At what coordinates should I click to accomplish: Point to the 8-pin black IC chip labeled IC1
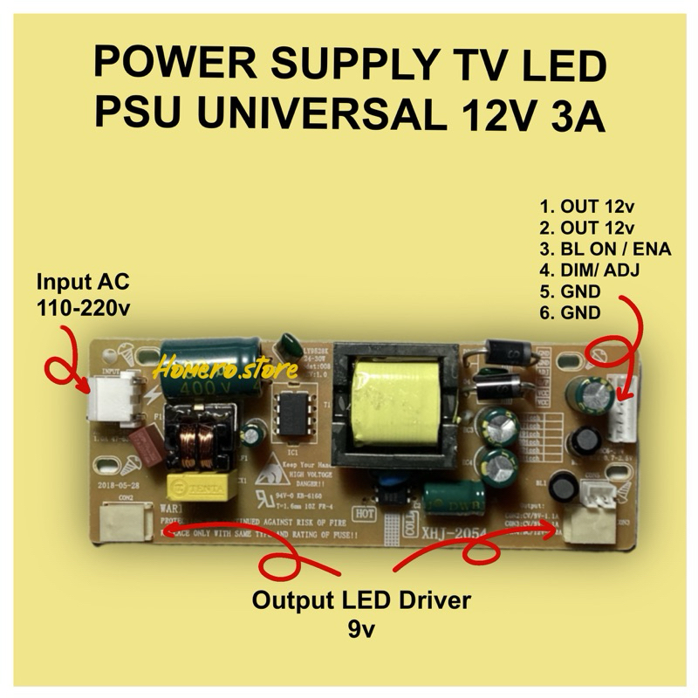(291, 422)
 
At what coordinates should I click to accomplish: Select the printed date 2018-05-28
(120, 482)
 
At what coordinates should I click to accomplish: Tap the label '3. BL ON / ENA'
(605, 250)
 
